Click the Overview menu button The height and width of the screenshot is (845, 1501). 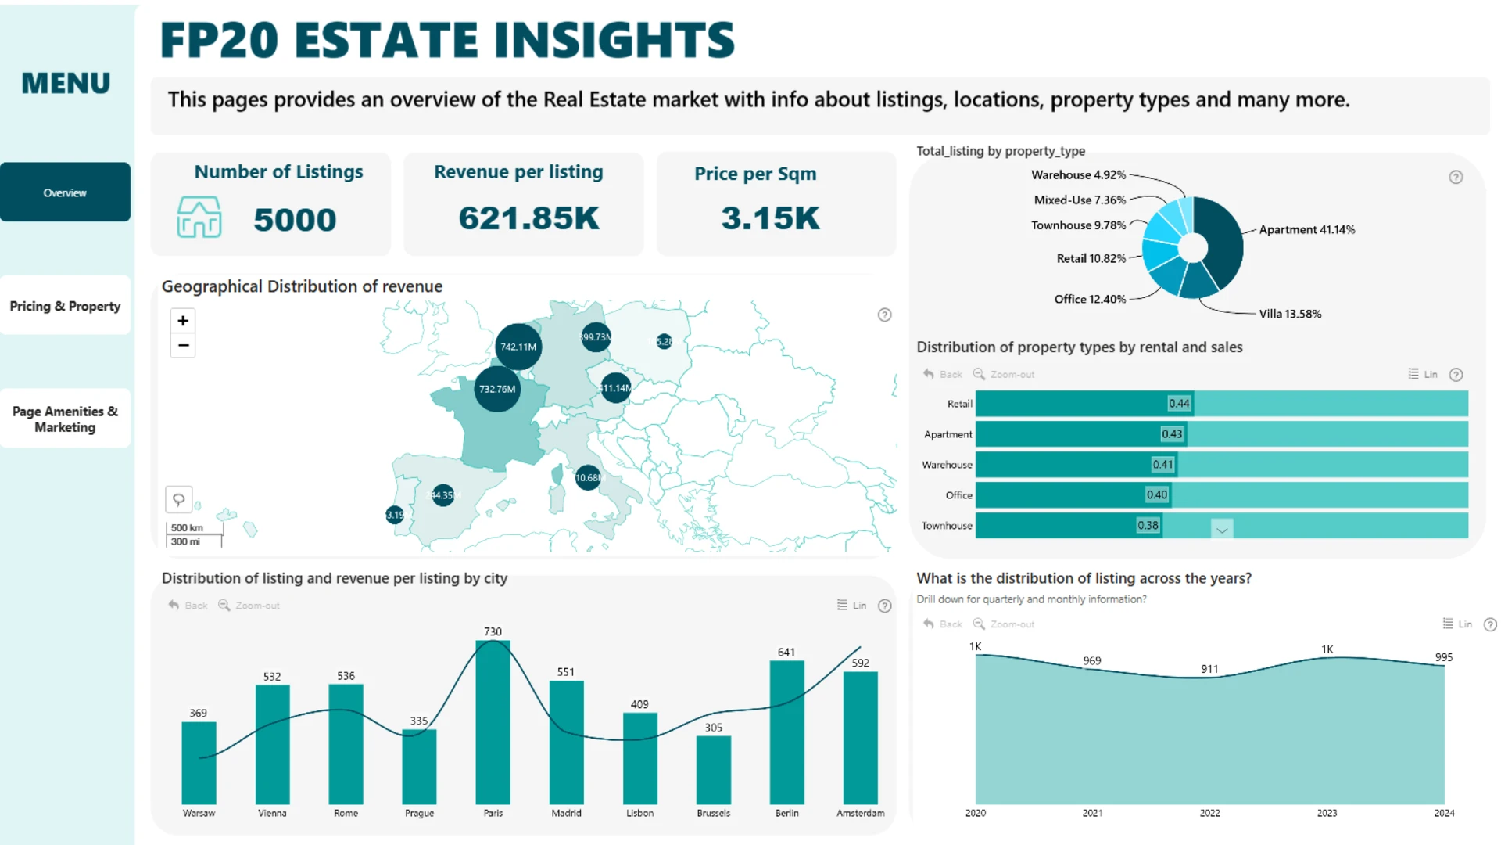pyautogui.click(x=65, y=192)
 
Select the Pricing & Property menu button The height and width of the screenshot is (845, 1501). pyautogui.click(x=65, y=306)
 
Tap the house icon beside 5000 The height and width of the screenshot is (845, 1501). pyautogui.click(x=199, y=217)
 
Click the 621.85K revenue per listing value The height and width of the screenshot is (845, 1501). pyautogui.click(x=528, y=218)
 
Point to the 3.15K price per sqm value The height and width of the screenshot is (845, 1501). pyautogui.click(x=770, y=218)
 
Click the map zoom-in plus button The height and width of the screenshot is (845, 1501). pyautogui.click(x=183, y=321)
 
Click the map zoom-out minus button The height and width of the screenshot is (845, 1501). pyautogui.click(x=183, y=345)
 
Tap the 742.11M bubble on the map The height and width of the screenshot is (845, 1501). pyautogui.click(x=518, y=347)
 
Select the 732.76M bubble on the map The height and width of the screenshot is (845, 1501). pyautogui.click(x=497, y=389)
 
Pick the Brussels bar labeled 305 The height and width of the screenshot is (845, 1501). pyautogui.click(x=713, y=771)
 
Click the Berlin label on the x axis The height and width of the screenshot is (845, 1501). pyautogui.click(x=786, y=813)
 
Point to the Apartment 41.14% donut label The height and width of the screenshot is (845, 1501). pyautogui.click(x=1306, y=229)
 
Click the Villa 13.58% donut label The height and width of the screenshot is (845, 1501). pyautogui.click(x=1290, y=314)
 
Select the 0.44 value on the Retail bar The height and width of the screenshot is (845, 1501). pyautogui.click(x=1179, y=404)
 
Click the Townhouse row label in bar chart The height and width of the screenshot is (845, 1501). pyautogui.click(x=947, y=526)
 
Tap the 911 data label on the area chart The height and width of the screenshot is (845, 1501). pyautogui.click(x=1209, y=669)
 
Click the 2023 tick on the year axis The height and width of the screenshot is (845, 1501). pyautogui.click(x=1327, y=813)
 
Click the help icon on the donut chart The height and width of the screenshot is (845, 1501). pyautogui.click(x=1456, y=177)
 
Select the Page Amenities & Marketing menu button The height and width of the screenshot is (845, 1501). pyautogui.click(x=65, y=419)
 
